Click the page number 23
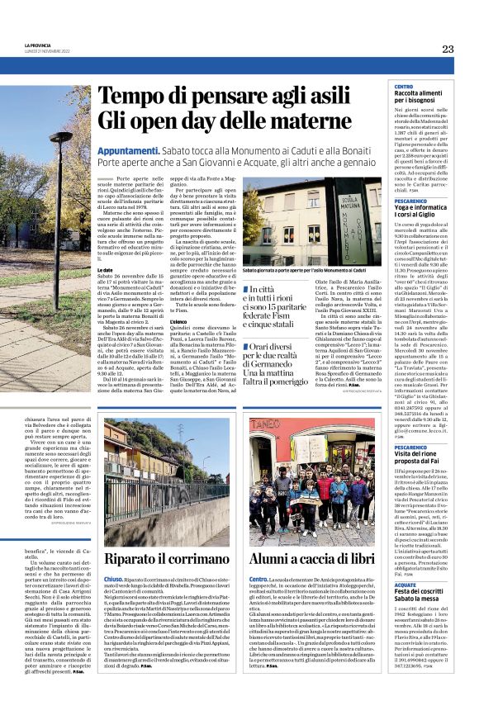447,49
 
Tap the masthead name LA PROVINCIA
38,46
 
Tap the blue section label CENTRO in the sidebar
404,87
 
